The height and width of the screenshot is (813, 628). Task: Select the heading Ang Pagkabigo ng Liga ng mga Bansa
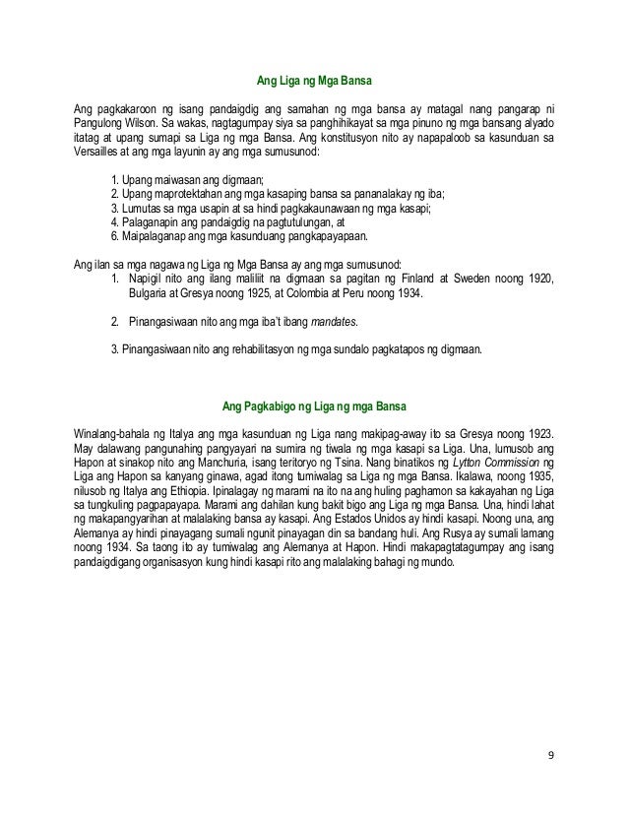coord(313,406)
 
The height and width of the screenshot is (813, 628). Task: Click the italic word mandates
coord(332,322)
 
